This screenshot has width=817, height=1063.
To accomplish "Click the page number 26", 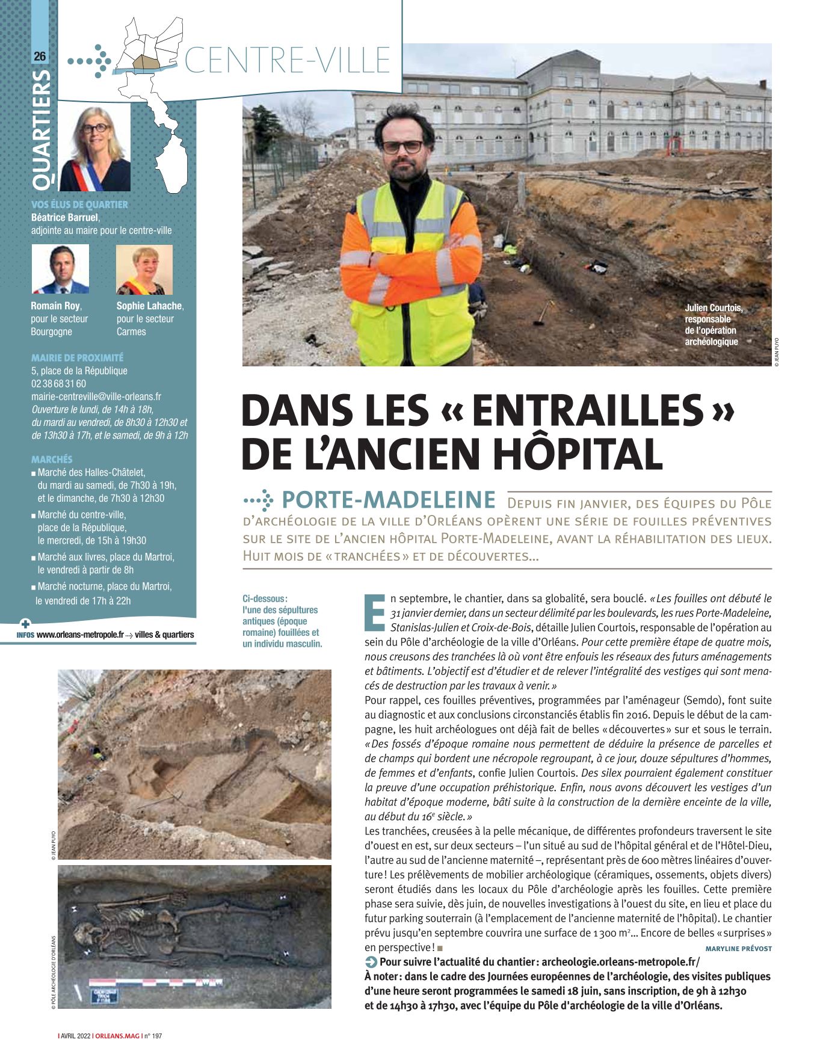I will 40,57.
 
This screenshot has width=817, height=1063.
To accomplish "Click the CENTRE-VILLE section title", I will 288,60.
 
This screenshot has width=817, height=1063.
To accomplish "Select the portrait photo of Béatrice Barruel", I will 96,149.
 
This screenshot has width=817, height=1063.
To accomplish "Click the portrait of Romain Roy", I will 60,269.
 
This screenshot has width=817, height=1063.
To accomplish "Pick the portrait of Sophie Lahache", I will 144,270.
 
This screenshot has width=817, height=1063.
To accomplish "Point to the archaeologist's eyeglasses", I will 402,146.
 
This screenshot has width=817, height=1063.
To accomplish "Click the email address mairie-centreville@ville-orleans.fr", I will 96,396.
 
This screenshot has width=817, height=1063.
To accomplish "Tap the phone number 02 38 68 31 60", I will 58,384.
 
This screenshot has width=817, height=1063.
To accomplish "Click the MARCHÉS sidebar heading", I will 52,459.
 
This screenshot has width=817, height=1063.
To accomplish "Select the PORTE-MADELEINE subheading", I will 388,500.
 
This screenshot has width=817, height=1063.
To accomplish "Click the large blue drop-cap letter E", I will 375,613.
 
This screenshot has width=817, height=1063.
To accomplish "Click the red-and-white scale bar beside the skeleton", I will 156,982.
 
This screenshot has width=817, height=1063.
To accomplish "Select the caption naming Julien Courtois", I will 714,325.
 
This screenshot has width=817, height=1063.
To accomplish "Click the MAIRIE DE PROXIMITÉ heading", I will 77,357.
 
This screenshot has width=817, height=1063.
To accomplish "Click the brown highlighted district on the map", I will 144,63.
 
